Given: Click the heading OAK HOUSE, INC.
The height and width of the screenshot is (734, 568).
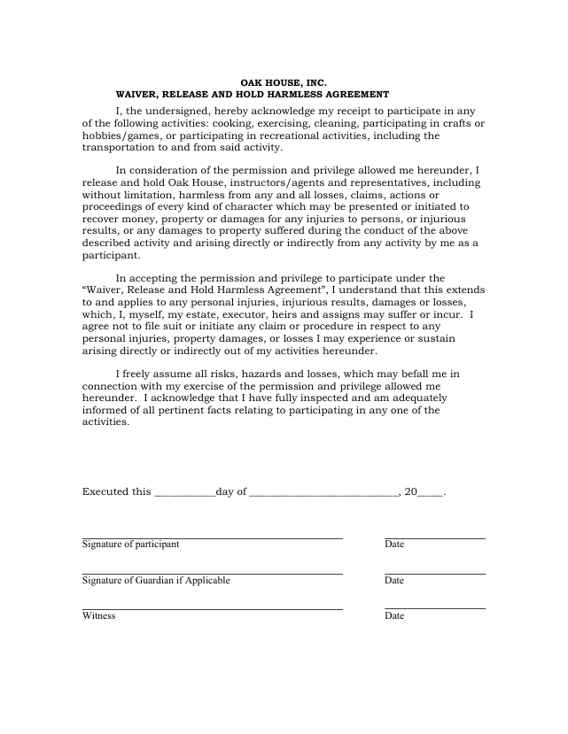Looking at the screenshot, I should pyautogui.click(x=284, y=81).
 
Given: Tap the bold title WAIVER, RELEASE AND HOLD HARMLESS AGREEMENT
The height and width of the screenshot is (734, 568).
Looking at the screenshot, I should pyautogui.click(x=253, y=94).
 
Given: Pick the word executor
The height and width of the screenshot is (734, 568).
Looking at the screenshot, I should pyautogui.click(x=260, y=313).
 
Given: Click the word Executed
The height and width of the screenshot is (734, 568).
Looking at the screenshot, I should pyautogui.click(x=105, y=492).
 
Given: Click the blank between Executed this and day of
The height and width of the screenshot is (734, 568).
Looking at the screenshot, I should pyautogui.click(x=184, y=493).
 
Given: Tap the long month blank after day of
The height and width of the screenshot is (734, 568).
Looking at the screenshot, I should pyautogui.click(x=323, y=493).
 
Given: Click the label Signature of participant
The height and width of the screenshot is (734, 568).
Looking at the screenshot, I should pyautogui.click(x=130, y=544).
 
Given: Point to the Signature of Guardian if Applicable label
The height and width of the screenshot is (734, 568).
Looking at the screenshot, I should pyautogui.click(x=156, y=580).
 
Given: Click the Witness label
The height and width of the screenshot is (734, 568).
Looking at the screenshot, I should pyautogui.click(x=98, y=615).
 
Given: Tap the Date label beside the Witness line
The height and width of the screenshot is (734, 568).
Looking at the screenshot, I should pyautogui.click(x=394, y=615).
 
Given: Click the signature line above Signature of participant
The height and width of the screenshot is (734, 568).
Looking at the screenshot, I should pyautogui.click(x=212, y=537).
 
